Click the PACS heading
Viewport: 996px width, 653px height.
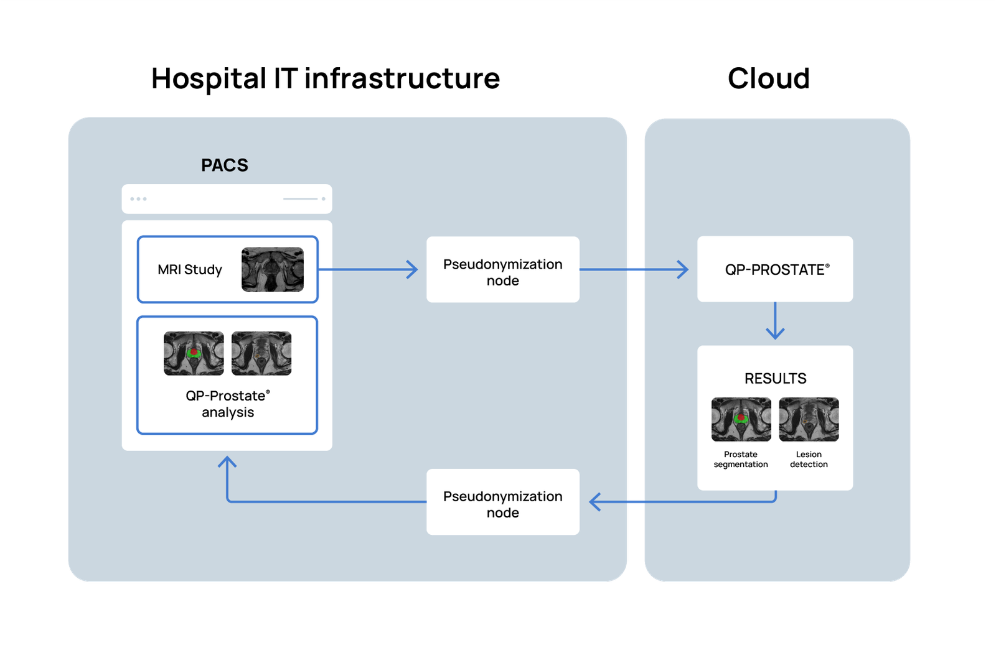tap(225, 165)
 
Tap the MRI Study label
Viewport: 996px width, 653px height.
tap(190, 270)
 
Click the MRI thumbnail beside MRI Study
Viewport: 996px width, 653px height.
tap(273, 270)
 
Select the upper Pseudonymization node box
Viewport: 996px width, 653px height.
tap(502, 270)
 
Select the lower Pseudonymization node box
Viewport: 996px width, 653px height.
tap(502, 502)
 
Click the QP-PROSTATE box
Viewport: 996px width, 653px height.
tap(775, 269)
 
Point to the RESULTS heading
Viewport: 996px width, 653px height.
tap(775, 379)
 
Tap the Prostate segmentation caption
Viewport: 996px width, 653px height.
tap(741, 460)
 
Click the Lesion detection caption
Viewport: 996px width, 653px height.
tap(809, 460)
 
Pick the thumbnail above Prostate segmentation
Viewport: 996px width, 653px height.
tap(741, 420)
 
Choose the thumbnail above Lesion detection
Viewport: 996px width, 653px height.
tap(809, 420)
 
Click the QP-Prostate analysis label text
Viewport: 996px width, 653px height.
tap(228, 404)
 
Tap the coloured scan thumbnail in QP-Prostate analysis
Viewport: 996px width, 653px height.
tap(194, 353)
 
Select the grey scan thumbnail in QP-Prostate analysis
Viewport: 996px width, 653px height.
tap(261, 353)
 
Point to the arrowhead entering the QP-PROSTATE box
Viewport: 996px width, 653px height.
tap(684, 270)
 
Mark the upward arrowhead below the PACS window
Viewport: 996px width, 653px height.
tap(227, 462)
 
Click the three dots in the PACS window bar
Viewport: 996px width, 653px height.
tap(138, 199)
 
